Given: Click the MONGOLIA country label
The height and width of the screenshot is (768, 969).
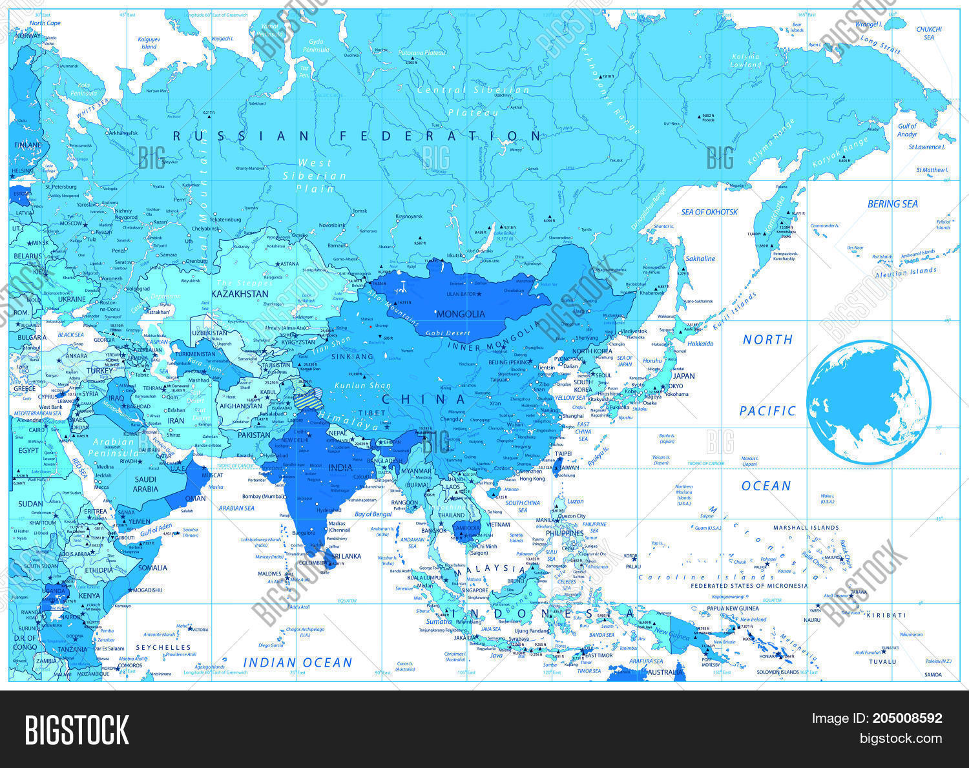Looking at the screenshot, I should pos(461,314).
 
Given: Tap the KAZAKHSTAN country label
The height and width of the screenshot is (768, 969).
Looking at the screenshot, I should pos(240,294).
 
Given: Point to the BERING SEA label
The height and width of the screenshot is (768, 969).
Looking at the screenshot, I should pos(892,204).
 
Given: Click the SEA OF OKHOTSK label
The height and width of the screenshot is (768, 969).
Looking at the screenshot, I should pos(709,212).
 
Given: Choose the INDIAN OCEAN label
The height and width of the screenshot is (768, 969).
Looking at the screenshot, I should pos(297,662).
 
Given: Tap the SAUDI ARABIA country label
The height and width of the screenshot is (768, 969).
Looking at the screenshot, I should pos(145,484).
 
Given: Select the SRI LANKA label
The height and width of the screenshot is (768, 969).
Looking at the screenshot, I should pos(346,556).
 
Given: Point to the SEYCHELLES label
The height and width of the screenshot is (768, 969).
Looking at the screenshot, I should pos(163,647).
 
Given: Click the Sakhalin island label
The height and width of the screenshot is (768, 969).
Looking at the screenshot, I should pos(700,258).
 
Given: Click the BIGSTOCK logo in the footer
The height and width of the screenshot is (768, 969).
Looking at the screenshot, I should pos(77,729).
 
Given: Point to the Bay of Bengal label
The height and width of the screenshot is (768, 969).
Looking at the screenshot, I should pos(373,514).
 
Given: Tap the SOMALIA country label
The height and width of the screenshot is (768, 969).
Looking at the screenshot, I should pos(152,568).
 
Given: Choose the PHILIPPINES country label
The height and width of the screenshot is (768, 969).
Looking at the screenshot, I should pos(565,534).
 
